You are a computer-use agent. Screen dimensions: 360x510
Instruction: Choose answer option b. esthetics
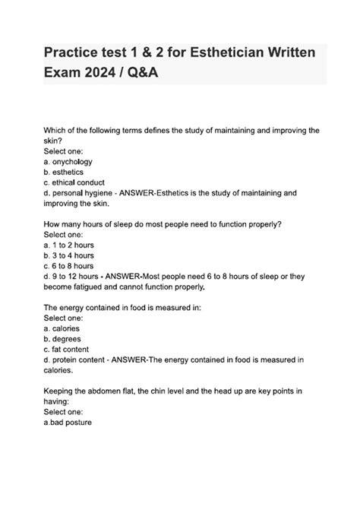tap(65, 173)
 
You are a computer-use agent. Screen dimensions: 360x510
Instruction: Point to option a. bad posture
tap(68, 423)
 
